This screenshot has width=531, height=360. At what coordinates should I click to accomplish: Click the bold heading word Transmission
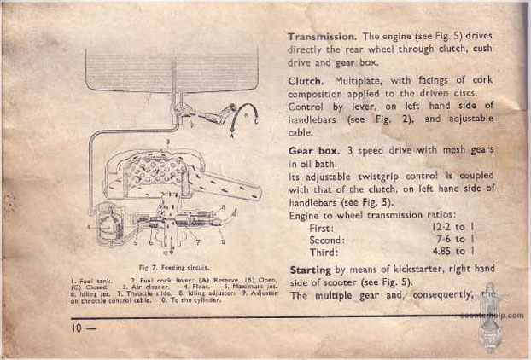click(x=322, y=38)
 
